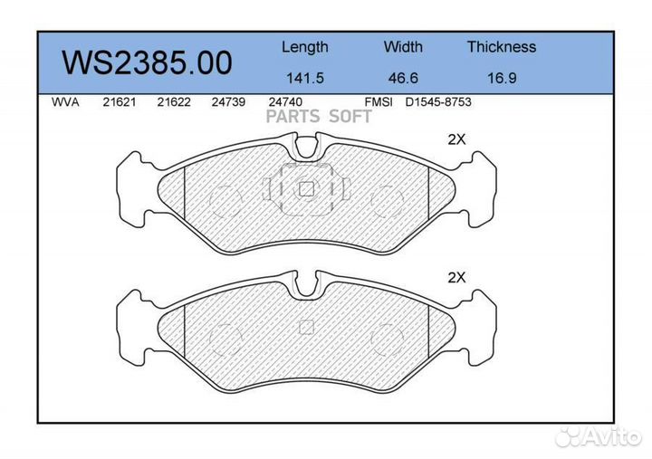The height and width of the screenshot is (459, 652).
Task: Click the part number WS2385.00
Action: click(x=146, y=62)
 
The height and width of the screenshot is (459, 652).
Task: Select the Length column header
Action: click(x=304, y=47)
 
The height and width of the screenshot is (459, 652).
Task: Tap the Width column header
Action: click(x=403, y=47)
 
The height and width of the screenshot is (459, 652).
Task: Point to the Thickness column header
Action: click(x=501, y=47)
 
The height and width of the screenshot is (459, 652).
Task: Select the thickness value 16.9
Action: click(x=501, y=78)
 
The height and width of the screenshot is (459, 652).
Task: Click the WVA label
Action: click(x=66, y=102)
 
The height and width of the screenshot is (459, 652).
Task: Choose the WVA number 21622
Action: click(x=173, y=102)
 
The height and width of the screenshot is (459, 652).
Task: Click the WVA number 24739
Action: click(x=227, y=102)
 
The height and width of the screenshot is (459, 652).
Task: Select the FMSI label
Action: click(x=378, y=102)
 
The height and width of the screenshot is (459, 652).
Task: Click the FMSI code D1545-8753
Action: click(x=437, y=102)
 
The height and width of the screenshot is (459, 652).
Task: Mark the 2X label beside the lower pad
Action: click(x=456, y=278)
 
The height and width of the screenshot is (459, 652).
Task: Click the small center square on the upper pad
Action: click(x=306, y=188)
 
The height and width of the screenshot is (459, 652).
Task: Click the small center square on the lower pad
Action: click(x=306, y=327)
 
